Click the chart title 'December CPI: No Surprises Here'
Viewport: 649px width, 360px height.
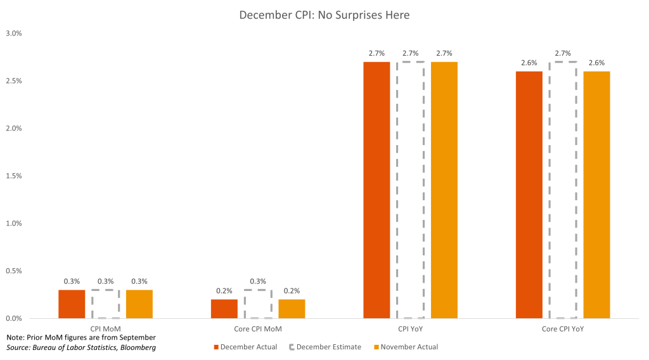(324, 15)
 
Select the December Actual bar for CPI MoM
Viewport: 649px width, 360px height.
(72, 304)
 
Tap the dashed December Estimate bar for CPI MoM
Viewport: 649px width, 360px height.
(105, 304)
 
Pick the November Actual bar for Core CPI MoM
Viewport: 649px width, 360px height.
(292, 309)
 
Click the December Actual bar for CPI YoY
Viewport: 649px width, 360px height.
(376, 190)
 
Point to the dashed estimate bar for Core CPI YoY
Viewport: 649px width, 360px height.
(563, 190)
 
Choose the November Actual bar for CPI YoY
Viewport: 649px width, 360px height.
(444, 190)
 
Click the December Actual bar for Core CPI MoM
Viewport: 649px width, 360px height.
(224, 309)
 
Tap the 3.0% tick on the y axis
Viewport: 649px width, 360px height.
(13, 33)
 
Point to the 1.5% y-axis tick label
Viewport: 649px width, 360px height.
(13, 176)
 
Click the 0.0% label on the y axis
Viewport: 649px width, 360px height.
(13, 318)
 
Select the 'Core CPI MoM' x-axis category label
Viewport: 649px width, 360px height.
(257, 330)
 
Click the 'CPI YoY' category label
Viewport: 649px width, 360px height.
(410, 330)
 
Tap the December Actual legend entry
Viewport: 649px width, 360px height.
(248, 347)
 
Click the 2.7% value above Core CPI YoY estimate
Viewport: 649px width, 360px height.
(563, 54)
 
